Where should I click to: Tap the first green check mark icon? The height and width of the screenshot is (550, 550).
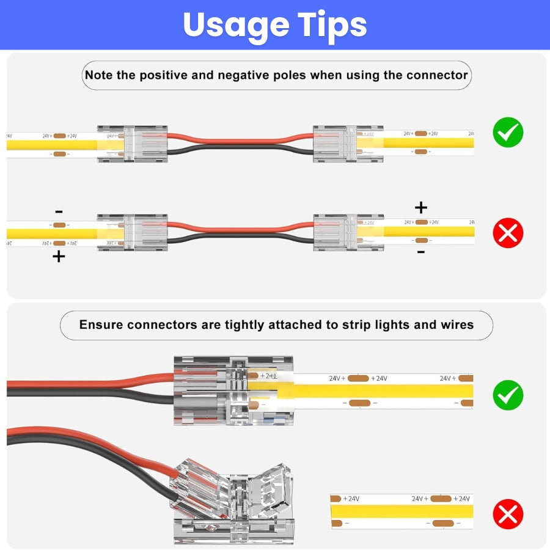click(x=508, y=133)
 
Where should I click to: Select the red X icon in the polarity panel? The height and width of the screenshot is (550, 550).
click(x=508, y=233)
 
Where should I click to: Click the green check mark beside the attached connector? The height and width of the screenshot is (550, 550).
click(x=508, y=395)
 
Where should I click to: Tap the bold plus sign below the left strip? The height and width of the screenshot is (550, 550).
click(x=59, y=256)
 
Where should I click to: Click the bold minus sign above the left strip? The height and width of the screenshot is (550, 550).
click(x=59, y=212)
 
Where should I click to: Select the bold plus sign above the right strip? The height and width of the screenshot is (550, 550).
click(x=420, y=207)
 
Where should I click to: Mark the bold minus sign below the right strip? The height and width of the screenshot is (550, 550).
click(x=420, y=251)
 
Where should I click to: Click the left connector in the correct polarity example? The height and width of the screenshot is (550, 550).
click(x=132, y=144)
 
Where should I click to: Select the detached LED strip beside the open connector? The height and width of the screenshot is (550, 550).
click(x=402, y=511)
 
